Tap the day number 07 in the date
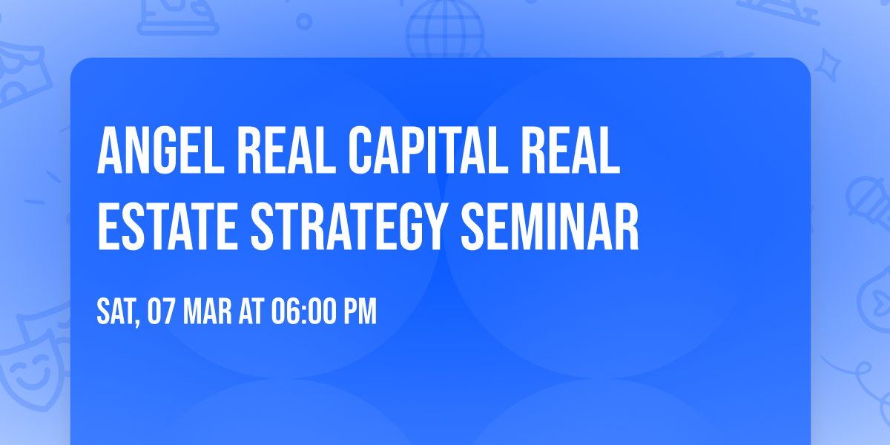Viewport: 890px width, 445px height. point(162,312)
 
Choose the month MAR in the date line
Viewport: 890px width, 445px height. point(206,312)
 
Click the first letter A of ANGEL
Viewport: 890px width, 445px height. point(109,151)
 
